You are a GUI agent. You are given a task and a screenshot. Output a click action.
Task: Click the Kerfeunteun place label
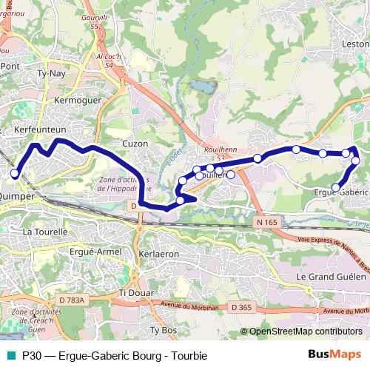(x=36, y=129)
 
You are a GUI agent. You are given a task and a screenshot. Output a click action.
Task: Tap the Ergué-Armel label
(x=93, y=252)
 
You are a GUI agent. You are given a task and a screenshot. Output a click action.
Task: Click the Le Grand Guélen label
(x=331, y=276)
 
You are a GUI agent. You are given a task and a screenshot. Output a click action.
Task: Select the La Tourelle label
(x=45, y=232)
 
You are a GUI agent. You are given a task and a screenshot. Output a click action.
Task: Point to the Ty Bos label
(x=166, y=329)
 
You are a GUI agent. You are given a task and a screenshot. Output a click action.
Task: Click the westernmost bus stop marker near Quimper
(x=15, y=174)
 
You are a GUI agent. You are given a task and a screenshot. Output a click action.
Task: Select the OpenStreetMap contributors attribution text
(x=305, y=332)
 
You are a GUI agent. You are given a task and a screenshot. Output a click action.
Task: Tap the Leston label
(x=355, y=44)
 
